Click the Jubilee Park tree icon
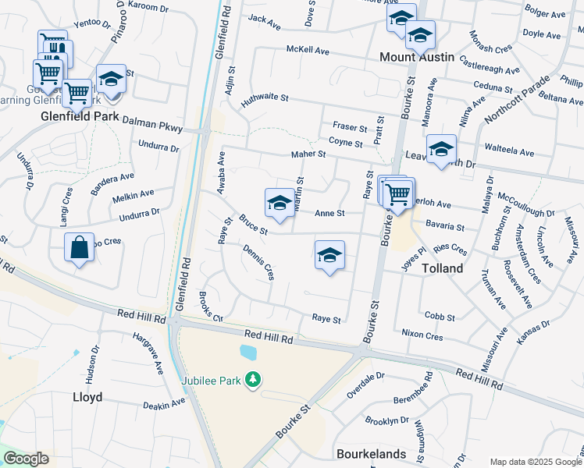[252, 379]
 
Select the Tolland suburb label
[443, 268]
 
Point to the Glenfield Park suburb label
[80, 115]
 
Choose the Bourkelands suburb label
[371, 453]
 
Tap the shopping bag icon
[79, 247]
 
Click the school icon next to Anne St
[280, 203]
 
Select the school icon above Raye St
[329, 254]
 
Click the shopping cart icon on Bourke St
[398, 193]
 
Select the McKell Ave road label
[308, 50]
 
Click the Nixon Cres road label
[422, 336]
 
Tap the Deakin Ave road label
[164, 404]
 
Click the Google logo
[26, 459]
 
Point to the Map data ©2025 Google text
[535, 462]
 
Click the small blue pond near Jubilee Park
[249, 353]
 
